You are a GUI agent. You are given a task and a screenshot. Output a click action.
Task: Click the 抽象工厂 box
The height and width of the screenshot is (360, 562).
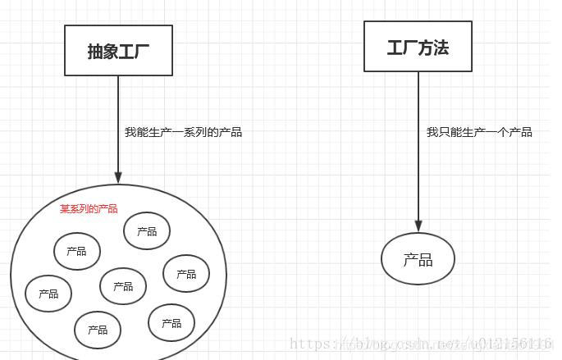[x=118, y=51]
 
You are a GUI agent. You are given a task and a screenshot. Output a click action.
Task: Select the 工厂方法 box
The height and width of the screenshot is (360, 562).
[x=418, y=47]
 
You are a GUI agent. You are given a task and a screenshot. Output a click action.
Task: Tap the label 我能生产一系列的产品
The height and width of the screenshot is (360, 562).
[x=183, y=132]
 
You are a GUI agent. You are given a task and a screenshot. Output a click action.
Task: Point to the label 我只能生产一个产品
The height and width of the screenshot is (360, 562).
[x=479, y=132]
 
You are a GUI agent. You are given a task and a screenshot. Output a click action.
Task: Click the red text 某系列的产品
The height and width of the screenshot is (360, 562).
[x=89, y=209]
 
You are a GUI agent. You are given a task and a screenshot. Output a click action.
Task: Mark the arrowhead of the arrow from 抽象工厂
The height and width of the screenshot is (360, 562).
[x=118, y=177]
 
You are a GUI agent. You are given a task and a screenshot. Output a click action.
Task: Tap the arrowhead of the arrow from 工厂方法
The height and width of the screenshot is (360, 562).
[x=418, y=226]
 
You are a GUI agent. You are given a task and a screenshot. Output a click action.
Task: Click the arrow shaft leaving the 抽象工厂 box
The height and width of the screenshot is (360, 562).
[x=118, y=123]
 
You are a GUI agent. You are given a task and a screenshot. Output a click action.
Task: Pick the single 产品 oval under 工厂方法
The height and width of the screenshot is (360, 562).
[x=418, y=259]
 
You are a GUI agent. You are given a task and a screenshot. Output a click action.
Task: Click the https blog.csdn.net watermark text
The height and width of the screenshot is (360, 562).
[x=423, y=345]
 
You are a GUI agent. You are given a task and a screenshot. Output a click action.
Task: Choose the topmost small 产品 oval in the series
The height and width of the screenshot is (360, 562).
[x=147, y=231]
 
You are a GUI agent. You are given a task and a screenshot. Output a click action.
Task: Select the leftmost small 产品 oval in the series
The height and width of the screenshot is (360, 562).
[x=48, y=294]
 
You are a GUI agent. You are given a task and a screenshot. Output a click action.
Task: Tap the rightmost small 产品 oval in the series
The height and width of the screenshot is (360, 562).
[x=186, y=274]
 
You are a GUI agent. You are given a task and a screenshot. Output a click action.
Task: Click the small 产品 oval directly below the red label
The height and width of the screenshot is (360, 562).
[x=76, y=251]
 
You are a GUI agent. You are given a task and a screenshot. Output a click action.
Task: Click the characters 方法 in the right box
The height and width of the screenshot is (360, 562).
[x=434, y=48]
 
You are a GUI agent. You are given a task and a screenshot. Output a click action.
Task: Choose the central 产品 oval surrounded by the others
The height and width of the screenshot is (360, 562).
[x=123, y=286]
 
